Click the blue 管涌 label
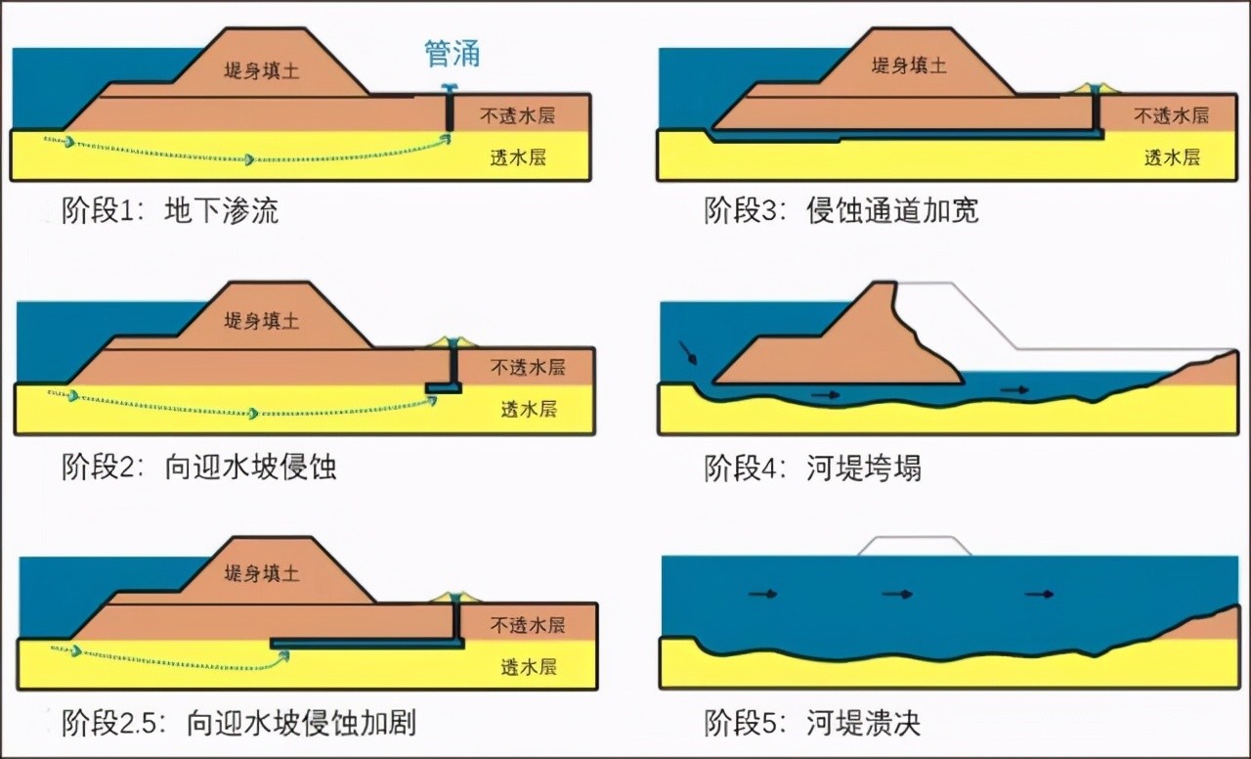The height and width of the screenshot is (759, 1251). point(453,54)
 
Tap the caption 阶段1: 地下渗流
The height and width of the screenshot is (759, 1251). point(170,211)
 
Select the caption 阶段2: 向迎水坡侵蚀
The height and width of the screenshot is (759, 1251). point(198,467)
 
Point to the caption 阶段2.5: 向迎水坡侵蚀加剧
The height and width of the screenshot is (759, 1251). point(238,723)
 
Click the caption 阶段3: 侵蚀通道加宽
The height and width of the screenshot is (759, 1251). point(841,211)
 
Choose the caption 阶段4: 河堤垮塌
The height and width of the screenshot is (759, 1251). point(812,468)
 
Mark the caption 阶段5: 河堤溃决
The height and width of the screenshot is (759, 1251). point(812,723)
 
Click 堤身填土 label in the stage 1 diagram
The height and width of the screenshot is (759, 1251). point(262,71)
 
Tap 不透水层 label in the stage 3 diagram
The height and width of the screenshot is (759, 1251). point(1171,115)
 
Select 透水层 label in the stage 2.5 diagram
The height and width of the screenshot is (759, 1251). point(529,667)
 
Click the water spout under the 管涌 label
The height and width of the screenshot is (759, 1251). point(449,88)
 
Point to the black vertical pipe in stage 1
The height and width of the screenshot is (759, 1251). point(449,112)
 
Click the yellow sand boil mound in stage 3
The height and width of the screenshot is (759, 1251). point(1096,88)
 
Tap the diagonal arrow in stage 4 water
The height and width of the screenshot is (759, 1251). point(688,352)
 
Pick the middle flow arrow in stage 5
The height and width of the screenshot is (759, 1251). point(897,594)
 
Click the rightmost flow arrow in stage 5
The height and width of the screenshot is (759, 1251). point(1039,594)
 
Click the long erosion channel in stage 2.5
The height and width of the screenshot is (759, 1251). point(367,644)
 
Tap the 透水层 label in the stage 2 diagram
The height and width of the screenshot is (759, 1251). point(529,409)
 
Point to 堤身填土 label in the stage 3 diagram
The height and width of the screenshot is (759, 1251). point(910,66)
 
